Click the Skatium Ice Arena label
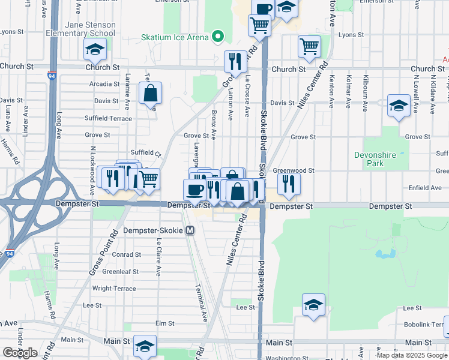tap(175, 37)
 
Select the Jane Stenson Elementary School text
tap(90, 29)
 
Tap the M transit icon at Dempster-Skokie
tap(190, 230)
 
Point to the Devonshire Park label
tap(375, 159)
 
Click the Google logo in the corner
tap(20, 352)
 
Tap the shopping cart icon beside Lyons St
tap(309, 46)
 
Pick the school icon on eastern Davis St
tap(399, 106)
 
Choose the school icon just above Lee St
tap(313, 305)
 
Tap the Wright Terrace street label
tap(114, 289)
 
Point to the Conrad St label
tap(126, 254)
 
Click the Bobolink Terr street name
tap(427, 324)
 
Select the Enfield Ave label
tap(424, 188)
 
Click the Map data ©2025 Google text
tap(412, 355)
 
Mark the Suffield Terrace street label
tap(108, 119)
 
